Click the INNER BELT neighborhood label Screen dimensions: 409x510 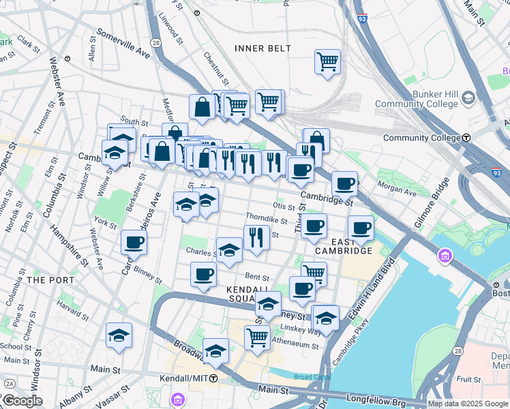262,48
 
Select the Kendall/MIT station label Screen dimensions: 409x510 188,378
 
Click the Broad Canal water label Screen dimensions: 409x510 310,376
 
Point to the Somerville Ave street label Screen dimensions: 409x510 123,42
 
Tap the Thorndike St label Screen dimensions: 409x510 267,219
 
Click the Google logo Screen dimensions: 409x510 22,400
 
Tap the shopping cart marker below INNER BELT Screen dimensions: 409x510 327,61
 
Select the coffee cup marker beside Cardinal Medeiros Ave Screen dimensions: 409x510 134,241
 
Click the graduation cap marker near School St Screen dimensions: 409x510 119,335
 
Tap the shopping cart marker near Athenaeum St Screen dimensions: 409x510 257,336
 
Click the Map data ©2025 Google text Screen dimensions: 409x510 468,404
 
